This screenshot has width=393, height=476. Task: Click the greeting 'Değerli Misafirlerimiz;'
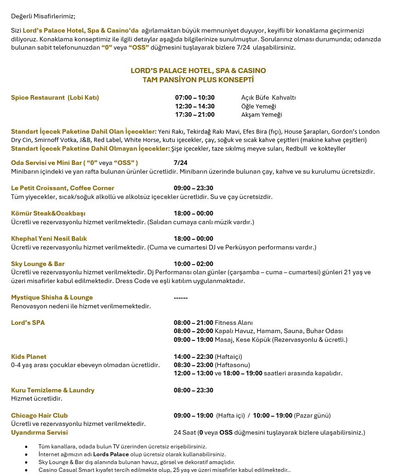click(x=43, y=16)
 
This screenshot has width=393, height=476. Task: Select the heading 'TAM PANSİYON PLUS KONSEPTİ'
click(x=198, y=79)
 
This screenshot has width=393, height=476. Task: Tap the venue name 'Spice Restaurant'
click(x=38, y=97)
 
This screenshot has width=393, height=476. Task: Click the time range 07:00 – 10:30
click(x=194, y=97)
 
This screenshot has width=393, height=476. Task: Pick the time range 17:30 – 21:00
click(x=194, y=114)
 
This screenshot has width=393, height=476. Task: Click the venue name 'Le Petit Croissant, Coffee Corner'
click(x=63, y=188)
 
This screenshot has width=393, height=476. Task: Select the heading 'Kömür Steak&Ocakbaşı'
click(x=48, y=213)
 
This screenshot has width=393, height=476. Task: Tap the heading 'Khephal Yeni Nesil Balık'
click(x=49, y=238)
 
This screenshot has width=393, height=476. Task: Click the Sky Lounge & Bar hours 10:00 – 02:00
click(x=193, y=264)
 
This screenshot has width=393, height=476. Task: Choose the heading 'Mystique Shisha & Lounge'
click(x=52, y=297)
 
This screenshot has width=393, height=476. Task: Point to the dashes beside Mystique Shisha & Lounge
click(x=181, y=298)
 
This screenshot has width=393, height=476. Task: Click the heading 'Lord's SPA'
click(x=28, y=323)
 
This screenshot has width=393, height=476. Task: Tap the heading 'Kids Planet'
click(x=28, y=357)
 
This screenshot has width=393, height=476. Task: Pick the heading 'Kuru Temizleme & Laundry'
click(x=52, y=390)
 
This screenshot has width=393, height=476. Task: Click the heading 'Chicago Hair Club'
click(x=39, y=415)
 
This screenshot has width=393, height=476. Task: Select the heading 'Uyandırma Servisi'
click(x=39, y=432)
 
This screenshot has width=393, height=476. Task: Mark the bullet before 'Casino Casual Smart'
click(x=27, y=470)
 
